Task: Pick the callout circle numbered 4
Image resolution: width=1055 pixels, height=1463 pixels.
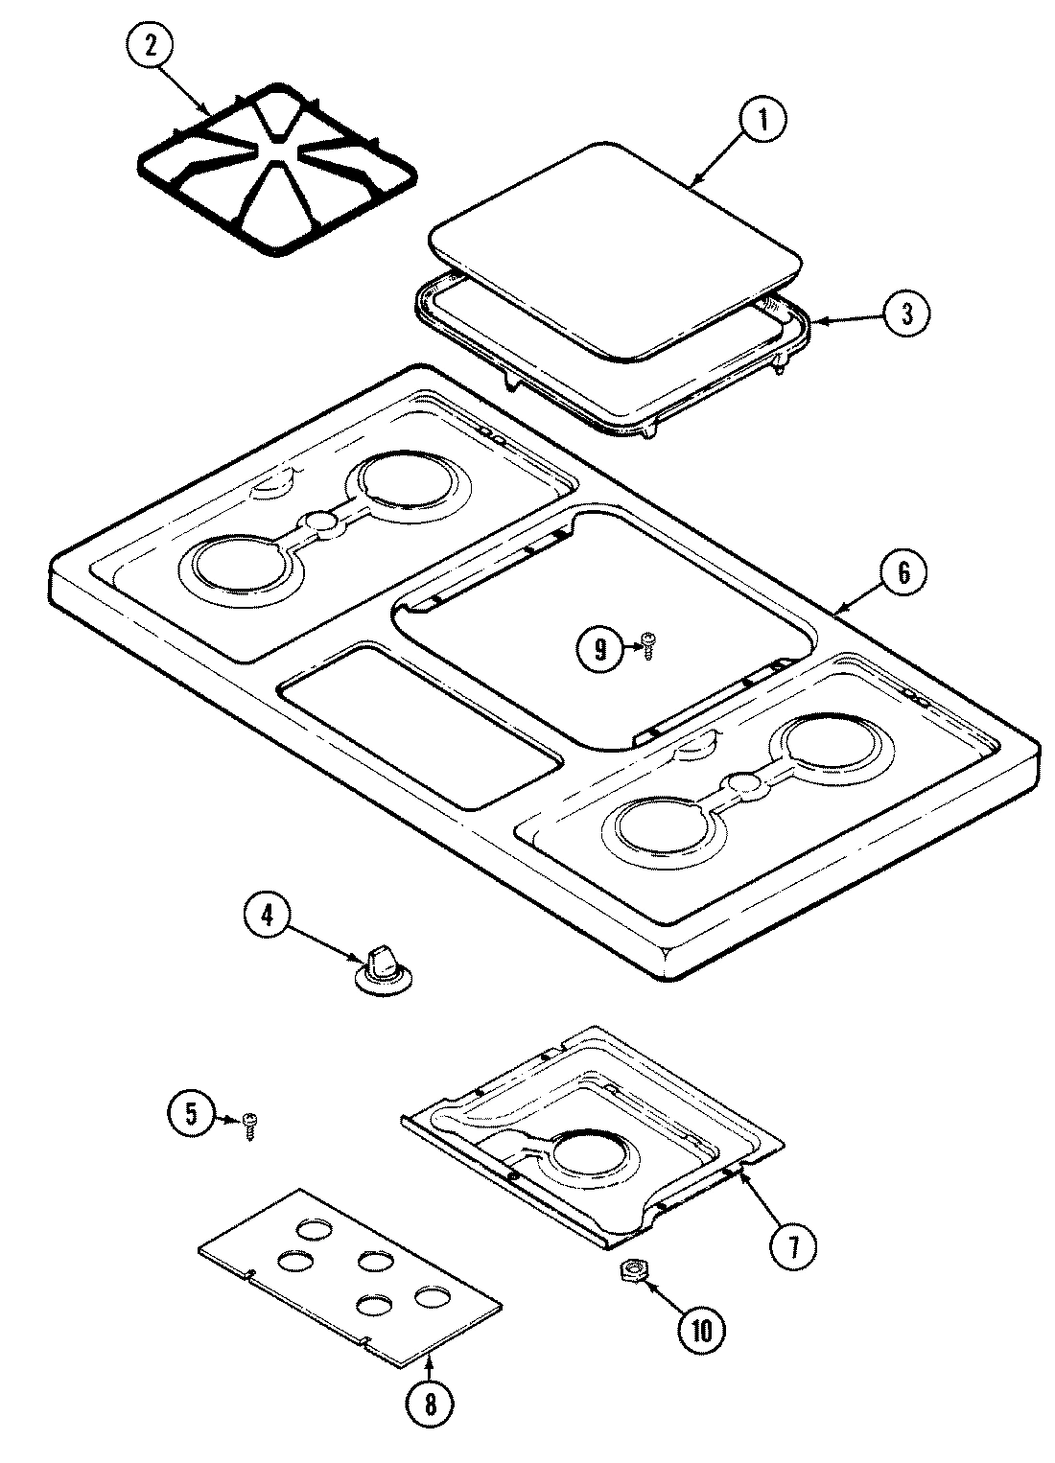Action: pos(268,916)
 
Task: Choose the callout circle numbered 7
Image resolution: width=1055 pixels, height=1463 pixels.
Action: pos(792,1246)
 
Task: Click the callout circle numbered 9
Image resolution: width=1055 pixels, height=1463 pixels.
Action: pos(600,649)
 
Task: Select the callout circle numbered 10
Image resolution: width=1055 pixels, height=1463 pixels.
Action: pos(703,1329)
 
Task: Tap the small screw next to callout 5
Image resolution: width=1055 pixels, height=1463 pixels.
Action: pos(251,1123)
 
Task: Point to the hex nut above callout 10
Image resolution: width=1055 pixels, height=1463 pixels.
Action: pos(632,1271)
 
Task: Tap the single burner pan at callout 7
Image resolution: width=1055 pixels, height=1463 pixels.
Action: pos(590,1136)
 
